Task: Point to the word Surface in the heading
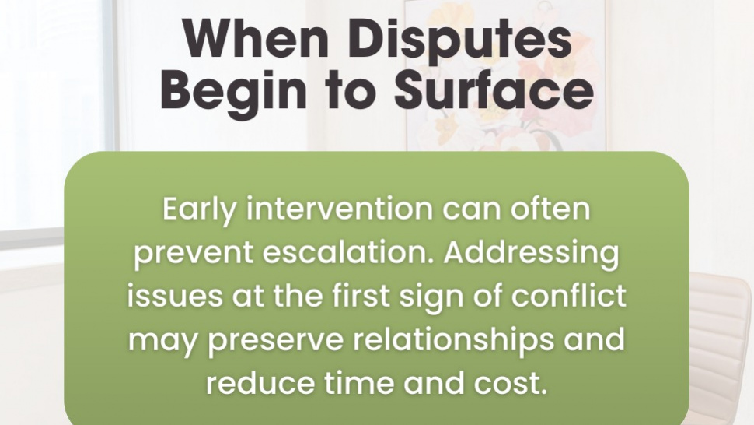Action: (494, 89)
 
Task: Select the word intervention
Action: (339, 209)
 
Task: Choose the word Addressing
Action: (532, 254)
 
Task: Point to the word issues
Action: (175, 296)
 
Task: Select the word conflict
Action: (568, 295)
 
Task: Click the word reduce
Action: (260, 383)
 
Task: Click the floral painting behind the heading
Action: (506, 76)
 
